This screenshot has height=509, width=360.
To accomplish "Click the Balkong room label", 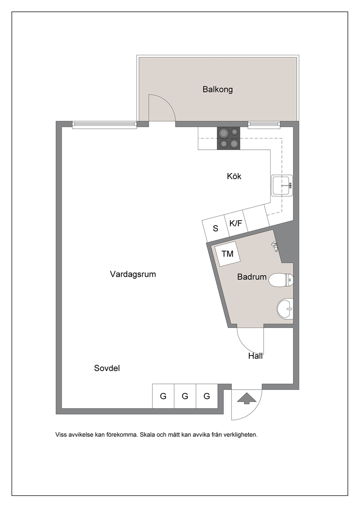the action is click(217, 89).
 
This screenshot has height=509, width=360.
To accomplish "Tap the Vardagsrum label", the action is click(133, 274).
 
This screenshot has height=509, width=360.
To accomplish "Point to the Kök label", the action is click(234, 176).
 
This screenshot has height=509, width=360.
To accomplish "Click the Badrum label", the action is click(252, 277).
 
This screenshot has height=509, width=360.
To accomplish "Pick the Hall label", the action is click(255, 356).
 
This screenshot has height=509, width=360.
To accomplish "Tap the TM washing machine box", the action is click(228, 254).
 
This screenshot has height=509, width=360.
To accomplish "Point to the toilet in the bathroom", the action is click(281, 280).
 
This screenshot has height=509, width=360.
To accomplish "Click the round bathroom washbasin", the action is click(285, 309).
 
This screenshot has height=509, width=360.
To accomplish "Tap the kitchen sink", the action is click(282, 185).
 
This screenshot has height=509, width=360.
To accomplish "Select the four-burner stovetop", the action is click(228, 138).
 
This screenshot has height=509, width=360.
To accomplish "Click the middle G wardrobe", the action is click(185, 396).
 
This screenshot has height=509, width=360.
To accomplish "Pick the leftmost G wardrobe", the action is click(163, 396).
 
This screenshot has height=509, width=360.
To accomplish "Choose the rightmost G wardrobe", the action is click(207, 396).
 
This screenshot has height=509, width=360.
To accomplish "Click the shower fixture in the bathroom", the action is click(275, 246).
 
